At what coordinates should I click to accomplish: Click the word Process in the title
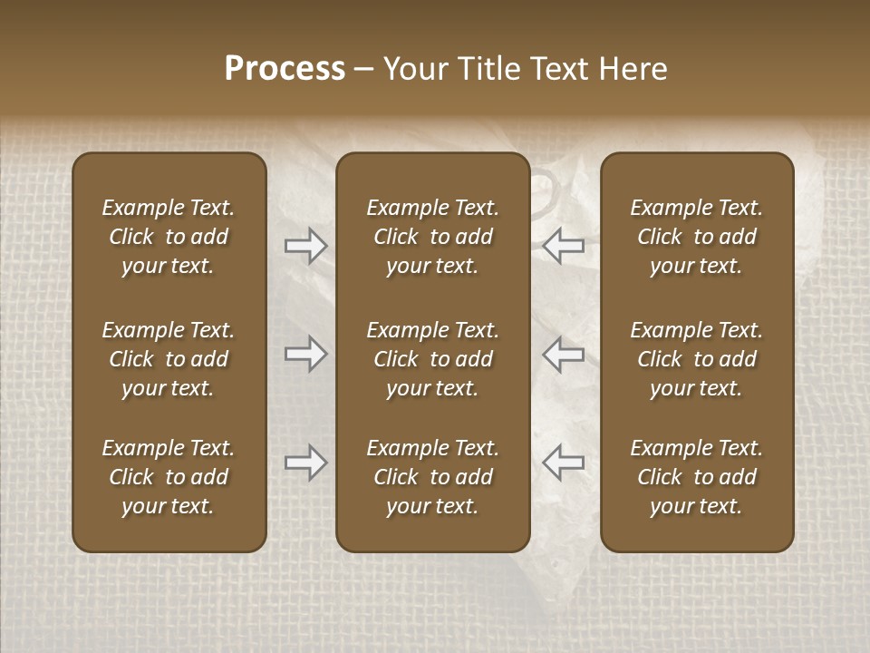[285, 69]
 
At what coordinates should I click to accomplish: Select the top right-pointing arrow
[305, 246]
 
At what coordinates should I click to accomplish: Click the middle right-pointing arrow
[305, 354]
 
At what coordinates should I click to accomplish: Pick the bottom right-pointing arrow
[305, 463]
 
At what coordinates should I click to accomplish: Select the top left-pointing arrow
[563, 246]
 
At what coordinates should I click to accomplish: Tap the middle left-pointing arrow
[563, 354]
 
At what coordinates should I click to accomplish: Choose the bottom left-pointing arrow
[563, 463]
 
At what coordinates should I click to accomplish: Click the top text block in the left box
[169, 237]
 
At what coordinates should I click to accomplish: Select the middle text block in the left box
[169, 359]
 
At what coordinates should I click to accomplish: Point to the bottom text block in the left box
[169, 477]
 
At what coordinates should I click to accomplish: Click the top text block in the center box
[432, 237]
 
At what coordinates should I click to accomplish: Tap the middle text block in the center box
[432, 359]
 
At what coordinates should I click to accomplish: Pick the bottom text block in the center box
[432, 477]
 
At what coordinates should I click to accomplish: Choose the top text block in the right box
[696, 237]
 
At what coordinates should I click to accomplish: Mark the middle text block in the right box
[696, 359]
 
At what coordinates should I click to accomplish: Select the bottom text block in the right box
[696, 477]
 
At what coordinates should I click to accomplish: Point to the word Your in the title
[413, 69]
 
